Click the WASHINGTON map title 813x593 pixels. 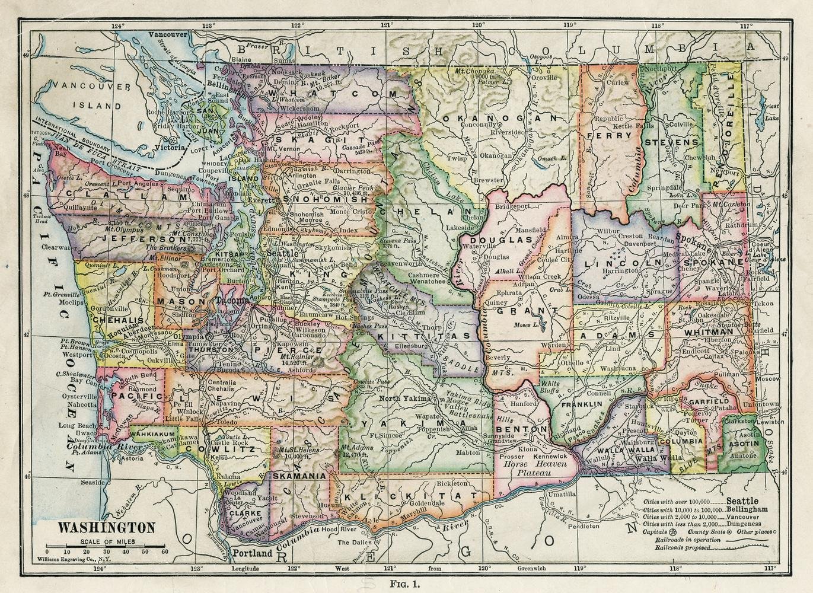(106, 528)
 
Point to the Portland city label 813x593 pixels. (252, 553)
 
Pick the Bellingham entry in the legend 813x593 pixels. (747, 509)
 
